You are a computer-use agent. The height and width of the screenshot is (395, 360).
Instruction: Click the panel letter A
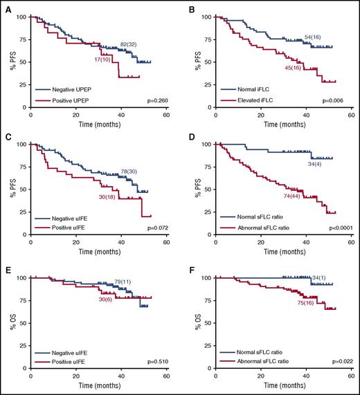tap(6, 6)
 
